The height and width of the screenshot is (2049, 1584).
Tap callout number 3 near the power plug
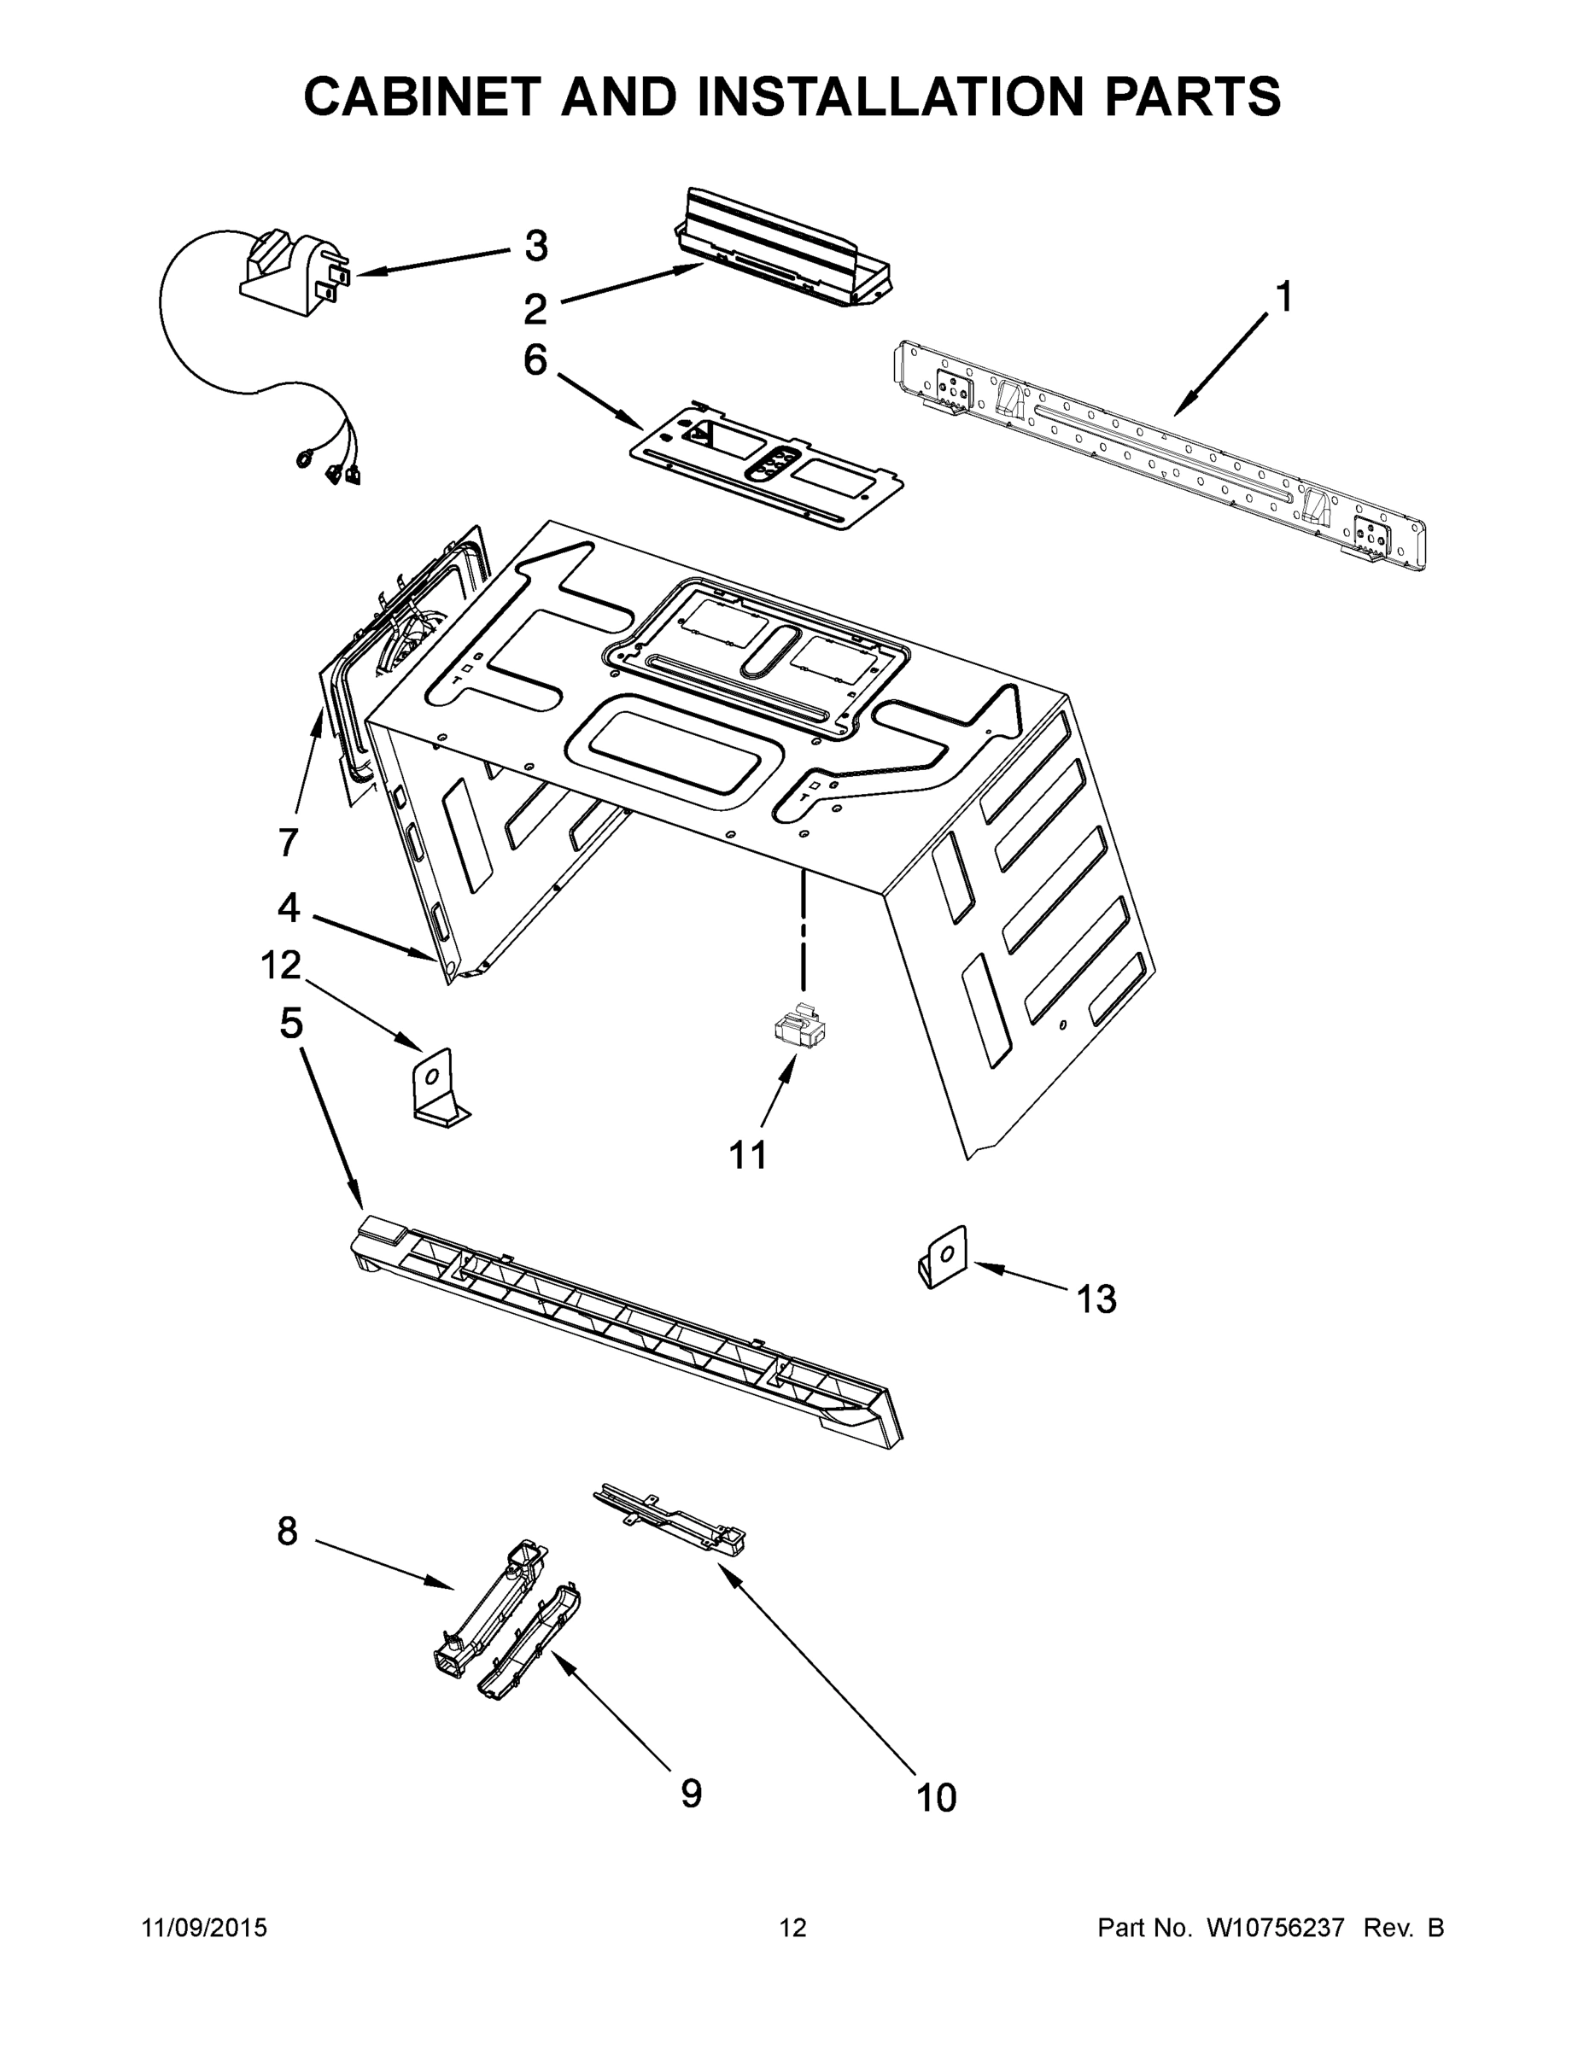[535, 247]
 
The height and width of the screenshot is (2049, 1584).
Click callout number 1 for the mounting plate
[1283, 297]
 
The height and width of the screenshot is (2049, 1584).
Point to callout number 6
[535, 359]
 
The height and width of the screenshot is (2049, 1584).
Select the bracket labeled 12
[438, 1089]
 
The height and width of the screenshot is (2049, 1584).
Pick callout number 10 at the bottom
[936, 1797]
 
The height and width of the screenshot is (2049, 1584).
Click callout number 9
[691, 1793]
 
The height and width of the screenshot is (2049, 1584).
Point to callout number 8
[287, 1531]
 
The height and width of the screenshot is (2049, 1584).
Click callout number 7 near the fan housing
[288, 842]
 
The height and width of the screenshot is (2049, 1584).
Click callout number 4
[288, 908]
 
